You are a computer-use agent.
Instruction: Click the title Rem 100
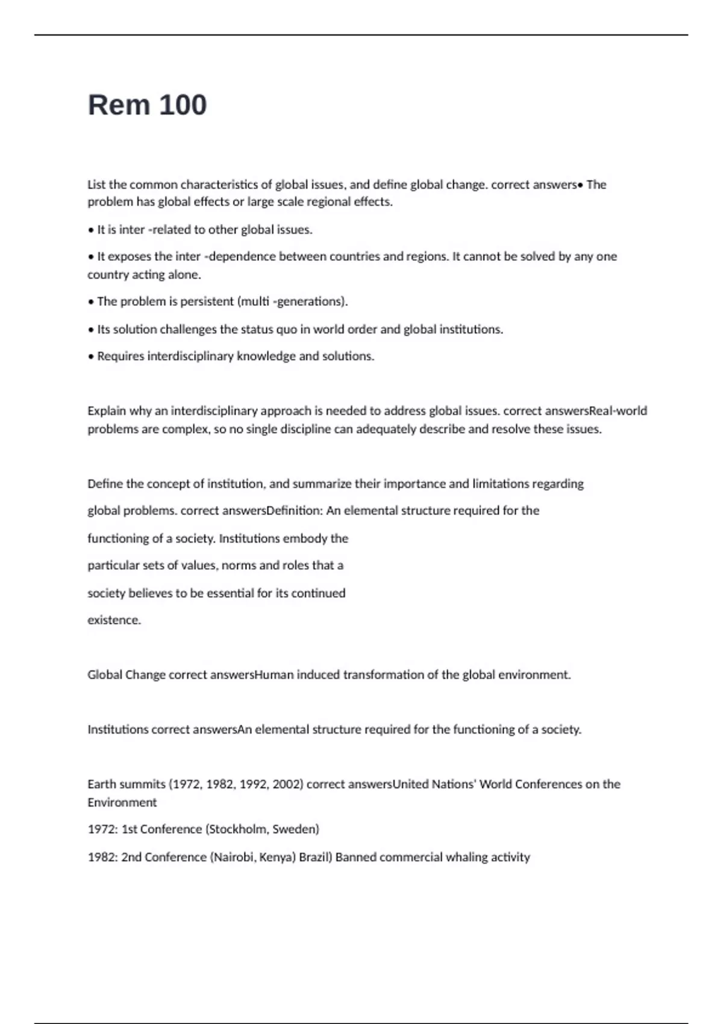(147, 105)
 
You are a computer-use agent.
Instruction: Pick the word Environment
(122, 802)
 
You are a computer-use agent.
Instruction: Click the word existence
(113, 620)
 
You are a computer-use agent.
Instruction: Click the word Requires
(120, 356)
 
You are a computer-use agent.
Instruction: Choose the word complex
(187, 429)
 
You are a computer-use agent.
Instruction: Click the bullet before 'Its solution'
(91, 329)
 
